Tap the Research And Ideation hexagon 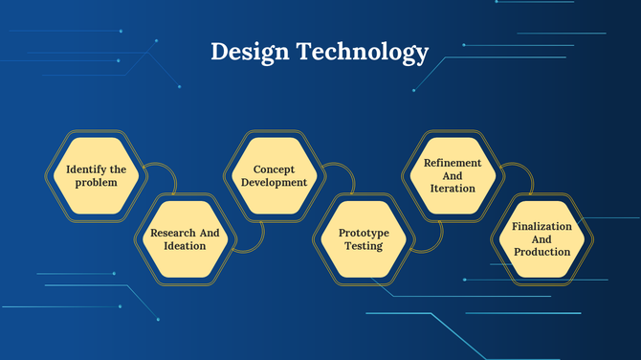186,239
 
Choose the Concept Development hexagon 274,175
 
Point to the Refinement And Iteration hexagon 453,176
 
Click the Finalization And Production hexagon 542,239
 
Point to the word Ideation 186,246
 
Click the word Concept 274,169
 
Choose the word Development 274,182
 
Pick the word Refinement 453,163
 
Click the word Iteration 453,189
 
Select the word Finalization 542,226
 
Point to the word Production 542,252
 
